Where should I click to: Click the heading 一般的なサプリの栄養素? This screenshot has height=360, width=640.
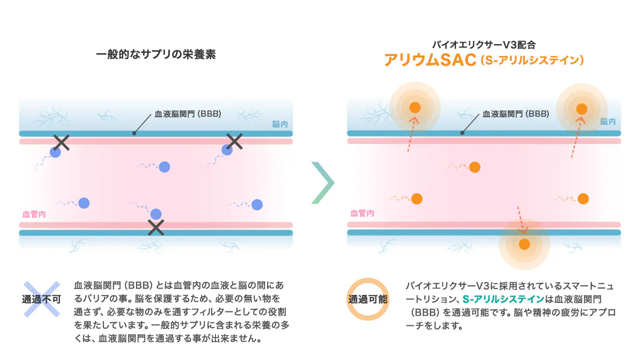(x=156, y=54)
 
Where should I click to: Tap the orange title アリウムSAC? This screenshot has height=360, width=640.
(x=430, y=60)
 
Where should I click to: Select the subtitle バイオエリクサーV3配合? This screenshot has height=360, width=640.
(x=484, y=45)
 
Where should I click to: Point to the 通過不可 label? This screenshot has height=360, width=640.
(x=42, y=299)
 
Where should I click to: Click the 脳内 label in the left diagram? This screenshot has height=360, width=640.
(x=279, y=124)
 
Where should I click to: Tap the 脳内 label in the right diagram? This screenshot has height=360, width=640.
(x=607, y=122)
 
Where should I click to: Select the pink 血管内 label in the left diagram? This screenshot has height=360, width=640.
(x=34, y=214)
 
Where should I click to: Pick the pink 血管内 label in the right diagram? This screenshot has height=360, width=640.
(x=362, y=213)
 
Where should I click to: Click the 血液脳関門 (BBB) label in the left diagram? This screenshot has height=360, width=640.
(x=188, y=114)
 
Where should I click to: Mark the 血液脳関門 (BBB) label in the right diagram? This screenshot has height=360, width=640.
(x=516, y=114)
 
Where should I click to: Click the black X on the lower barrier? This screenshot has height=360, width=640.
(x=156, y=227)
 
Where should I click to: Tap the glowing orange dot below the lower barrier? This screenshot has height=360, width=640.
(x=524, y=244)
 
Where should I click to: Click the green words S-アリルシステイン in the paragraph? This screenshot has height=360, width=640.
(x=503, y=299)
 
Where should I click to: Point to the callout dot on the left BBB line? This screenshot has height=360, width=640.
(x=134, y=133)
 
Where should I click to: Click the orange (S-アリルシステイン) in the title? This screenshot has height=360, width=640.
(x=532, y=60)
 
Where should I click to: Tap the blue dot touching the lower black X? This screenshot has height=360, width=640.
(x=156, y=214)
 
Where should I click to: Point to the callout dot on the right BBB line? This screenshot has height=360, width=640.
(x=462, y=133)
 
